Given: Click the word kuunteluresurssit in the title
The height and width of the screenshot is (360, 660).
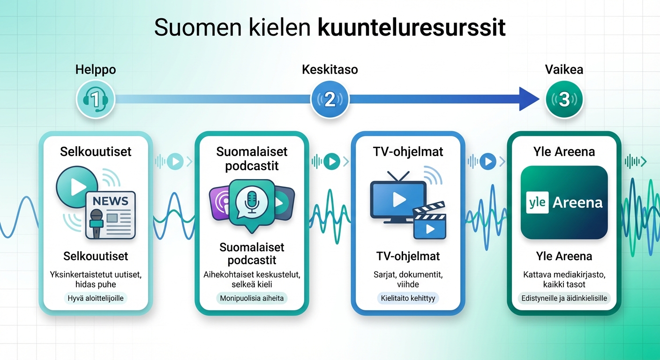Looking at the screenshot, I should [412, 29].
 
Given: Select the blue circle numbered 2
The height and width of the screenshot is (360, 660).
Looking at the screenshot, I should [330, 99].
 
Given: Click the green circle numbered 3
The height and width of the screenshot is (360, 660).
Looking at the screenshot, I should [564, 99].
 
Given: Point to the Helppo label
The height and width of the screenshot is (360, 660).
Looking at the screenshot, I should [95, 70].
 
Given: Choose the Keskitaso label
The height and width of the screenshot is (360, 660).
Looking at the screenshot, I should [330, 70].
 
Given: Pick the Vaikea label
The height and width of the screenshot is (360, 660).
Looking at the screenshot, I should [564, 70].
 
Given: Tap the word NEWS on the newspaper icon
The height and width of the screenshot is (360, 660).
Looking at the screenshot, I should [110, 202].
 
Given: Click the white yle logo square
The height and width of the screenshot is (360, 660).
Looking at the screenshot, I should [537, 202].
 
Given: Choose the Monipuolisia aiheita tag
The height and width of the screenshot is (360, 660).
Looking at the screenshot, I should [252, 298].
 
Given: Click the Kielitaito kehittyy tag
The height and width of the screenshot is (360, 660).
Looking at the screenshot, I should [408, 299].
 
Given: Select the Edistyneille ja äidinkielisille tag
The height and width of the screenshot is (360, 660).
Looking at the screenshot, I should [564, 299].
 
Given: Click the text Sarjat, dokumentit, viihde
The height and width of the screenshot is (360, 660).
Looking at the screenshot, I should [408, 279].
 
